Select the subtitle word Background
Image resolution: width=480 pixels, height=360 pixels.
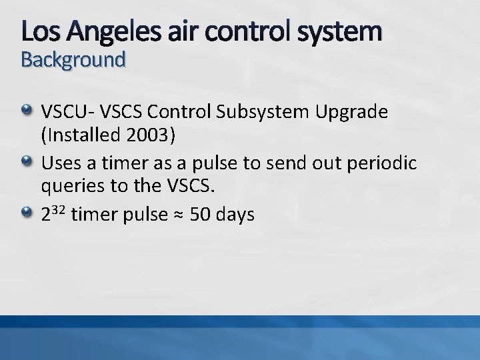tap(73, 60)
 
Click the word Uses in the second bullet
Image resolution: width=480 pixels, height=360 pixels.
tap(59, 163)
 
